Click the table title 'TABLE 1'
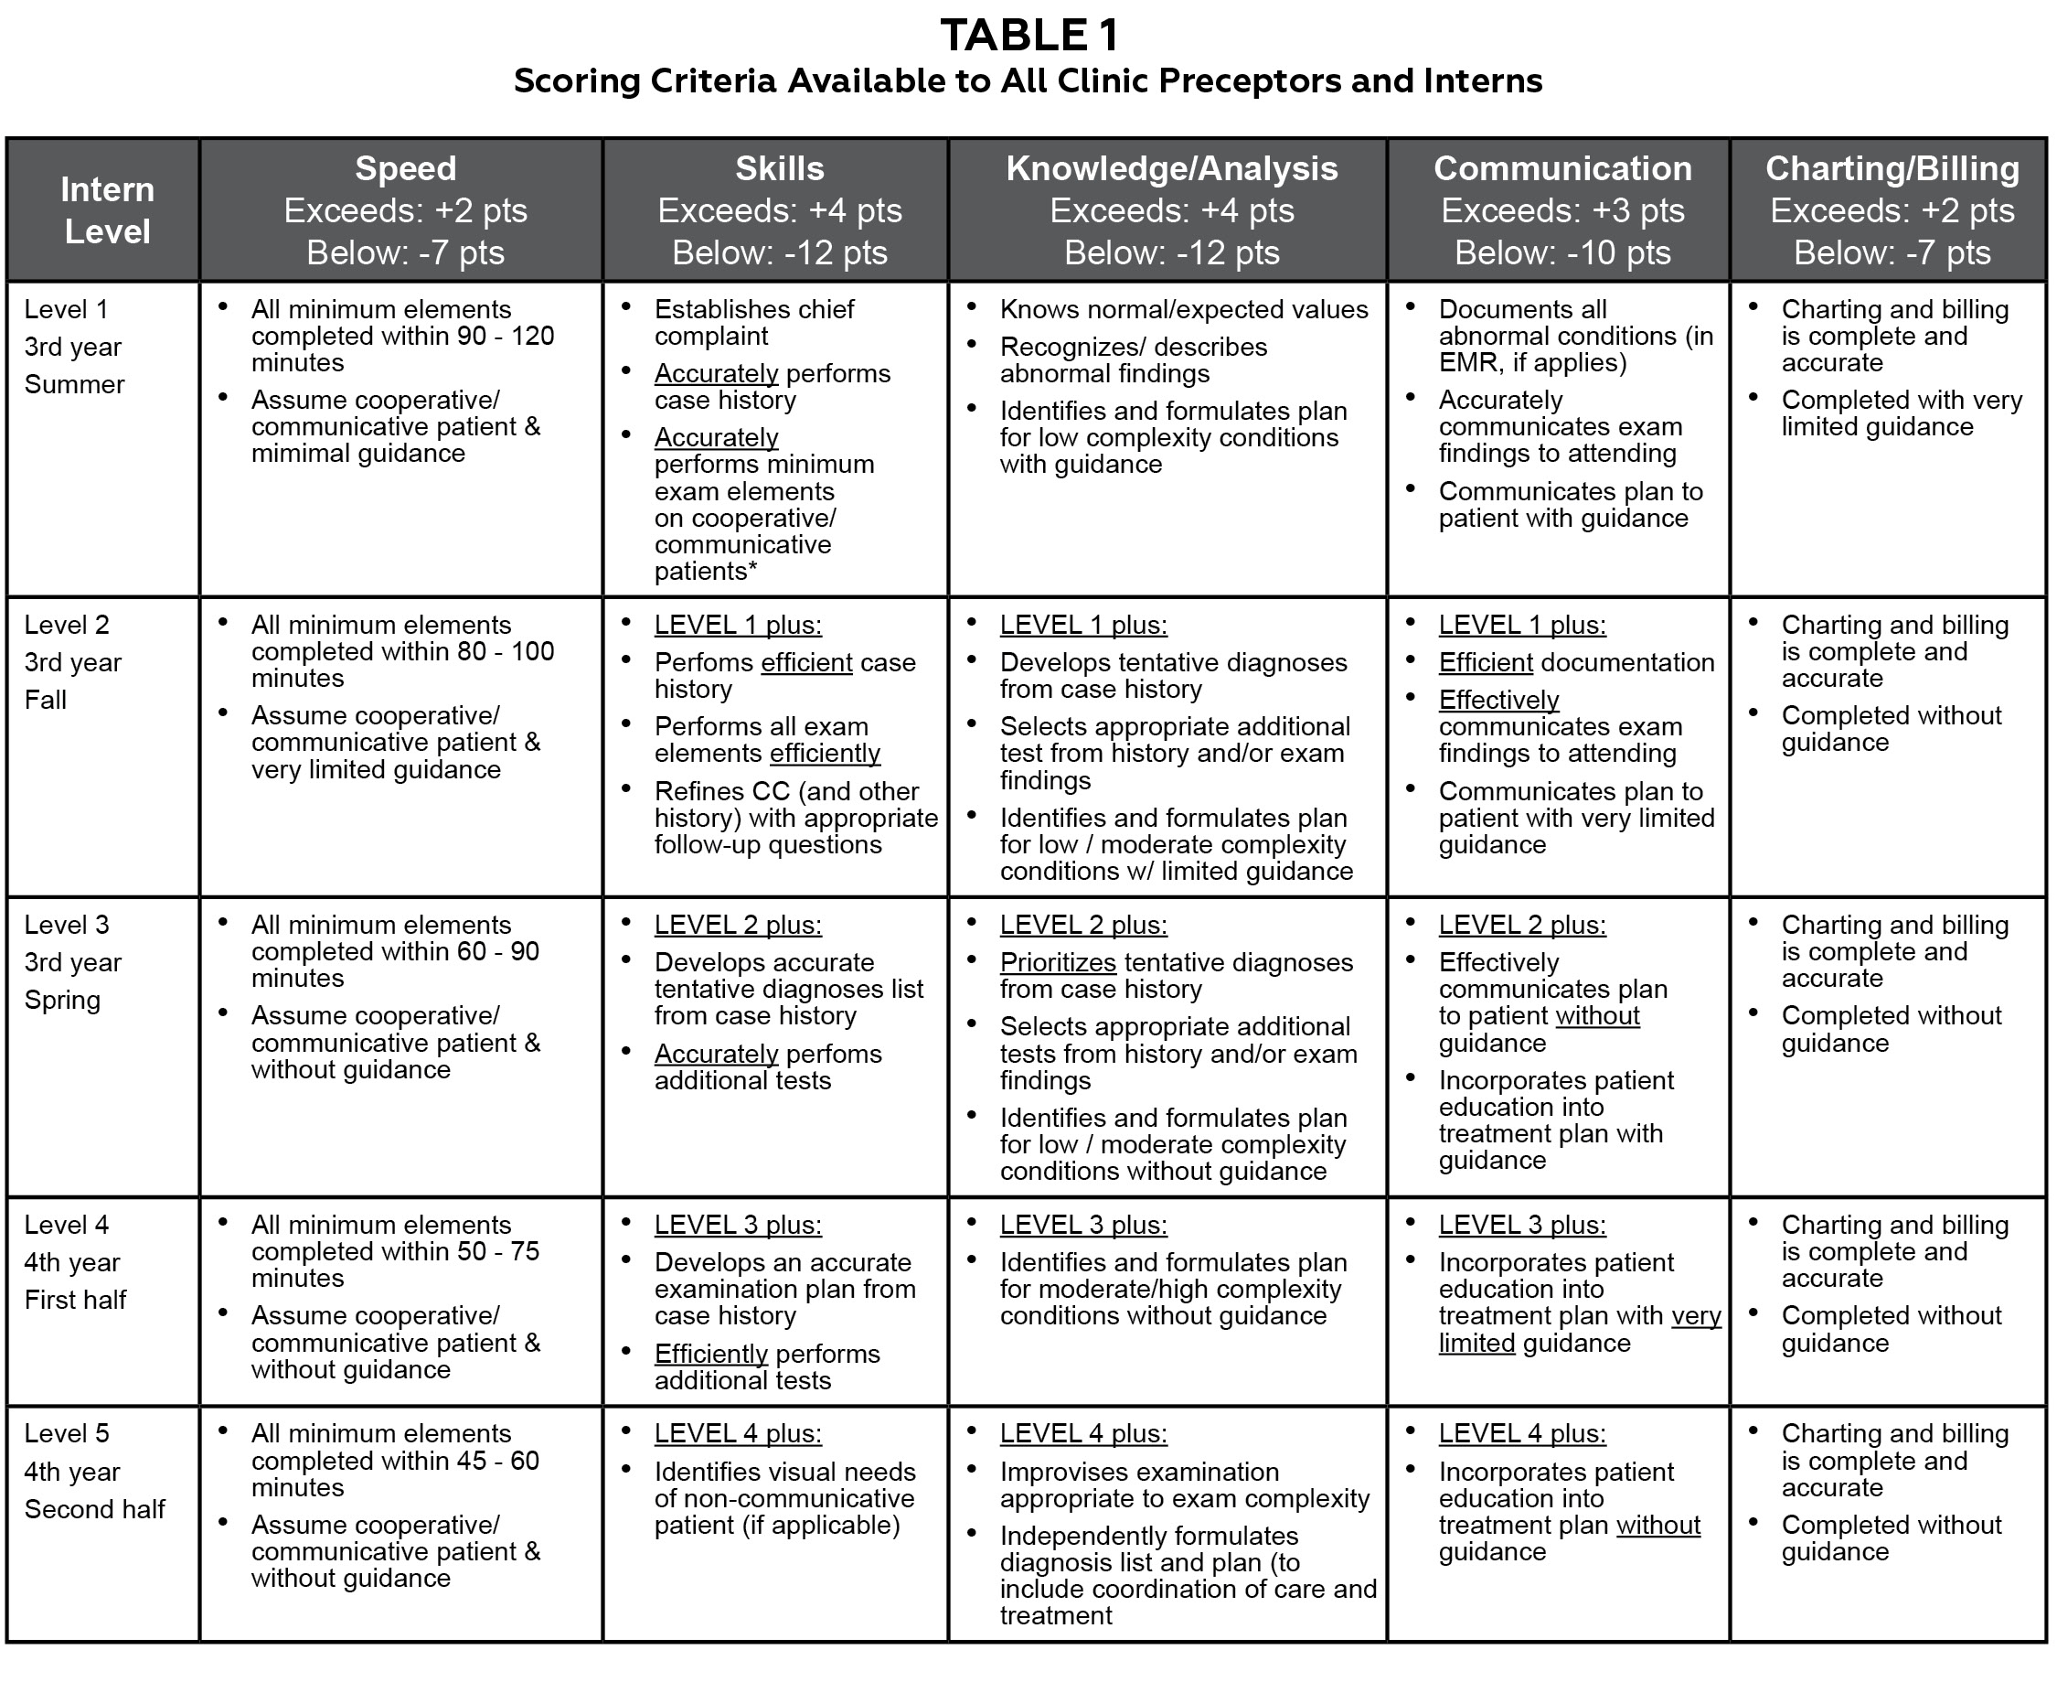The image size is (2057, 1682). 1028,36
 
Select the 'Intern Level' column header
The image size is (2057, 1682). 107,209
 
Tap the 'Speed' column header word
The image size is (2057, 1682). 405,168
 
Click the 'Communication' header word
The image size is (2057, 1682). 1562,168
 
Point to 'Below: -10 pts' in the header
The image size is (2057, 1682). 1562,252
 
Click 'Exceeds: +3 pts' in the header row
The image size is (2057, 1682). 1562,211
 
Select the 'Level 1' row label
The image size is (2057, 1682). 66,309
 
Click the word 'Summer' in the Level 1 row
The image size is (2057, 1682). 74,385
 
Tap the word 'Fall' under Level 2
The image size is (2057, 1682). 46,700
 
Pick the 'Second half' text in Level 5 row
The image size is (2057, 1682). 95,1509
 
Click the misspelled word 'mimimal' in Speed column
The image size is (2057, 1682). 299,454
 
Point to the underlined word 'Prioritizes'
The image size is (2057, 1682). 1058,962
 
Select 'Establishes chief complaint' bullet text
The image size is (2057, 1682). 753,323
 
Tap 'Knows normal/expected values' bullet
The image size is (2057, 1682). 1183,309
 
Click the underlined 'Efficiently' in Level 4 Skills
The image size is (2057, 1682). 711,1354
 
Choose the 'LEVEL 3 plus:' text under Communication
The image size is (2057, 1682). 1521,1225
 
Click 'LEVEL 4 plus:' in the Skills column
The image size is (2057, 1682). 737,1434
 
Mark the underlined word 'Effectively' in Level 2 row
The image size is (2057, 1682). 1498,700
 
